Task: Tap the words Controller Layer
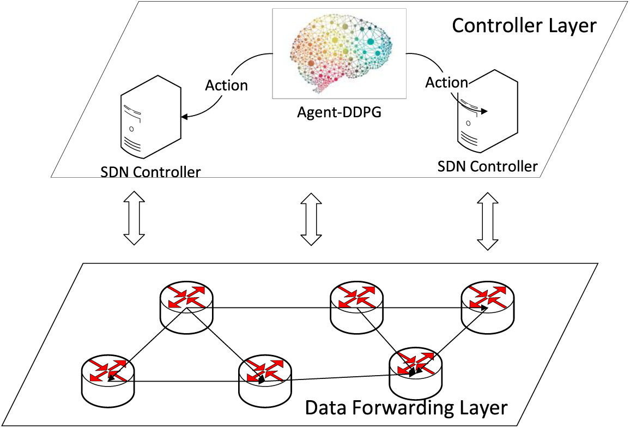tap(524, 25)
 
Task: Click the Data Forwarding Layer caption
tap(406, 407)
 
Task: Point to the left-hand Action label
tap(226, 86)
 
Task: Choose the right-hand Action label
tap(446, 82)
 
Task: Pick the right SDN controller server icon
tap(487, 111)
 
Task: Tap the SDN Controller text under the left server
tap(150, 172)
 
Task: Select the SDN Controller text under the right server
tap(487, 166)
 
